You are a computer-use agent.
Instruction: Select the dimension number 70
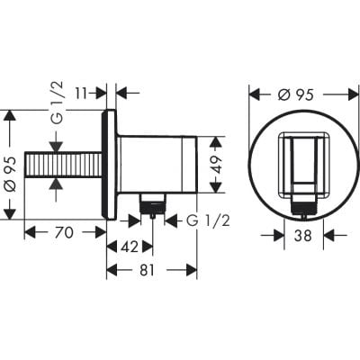[63, 232]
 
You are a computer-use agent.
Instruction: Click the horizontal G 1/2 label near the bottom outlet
[208, 219]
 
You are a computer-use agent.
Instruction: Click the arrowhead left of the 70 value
[29, 232]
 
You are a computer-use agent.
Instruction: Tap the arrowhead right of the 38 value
[328, 236]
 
